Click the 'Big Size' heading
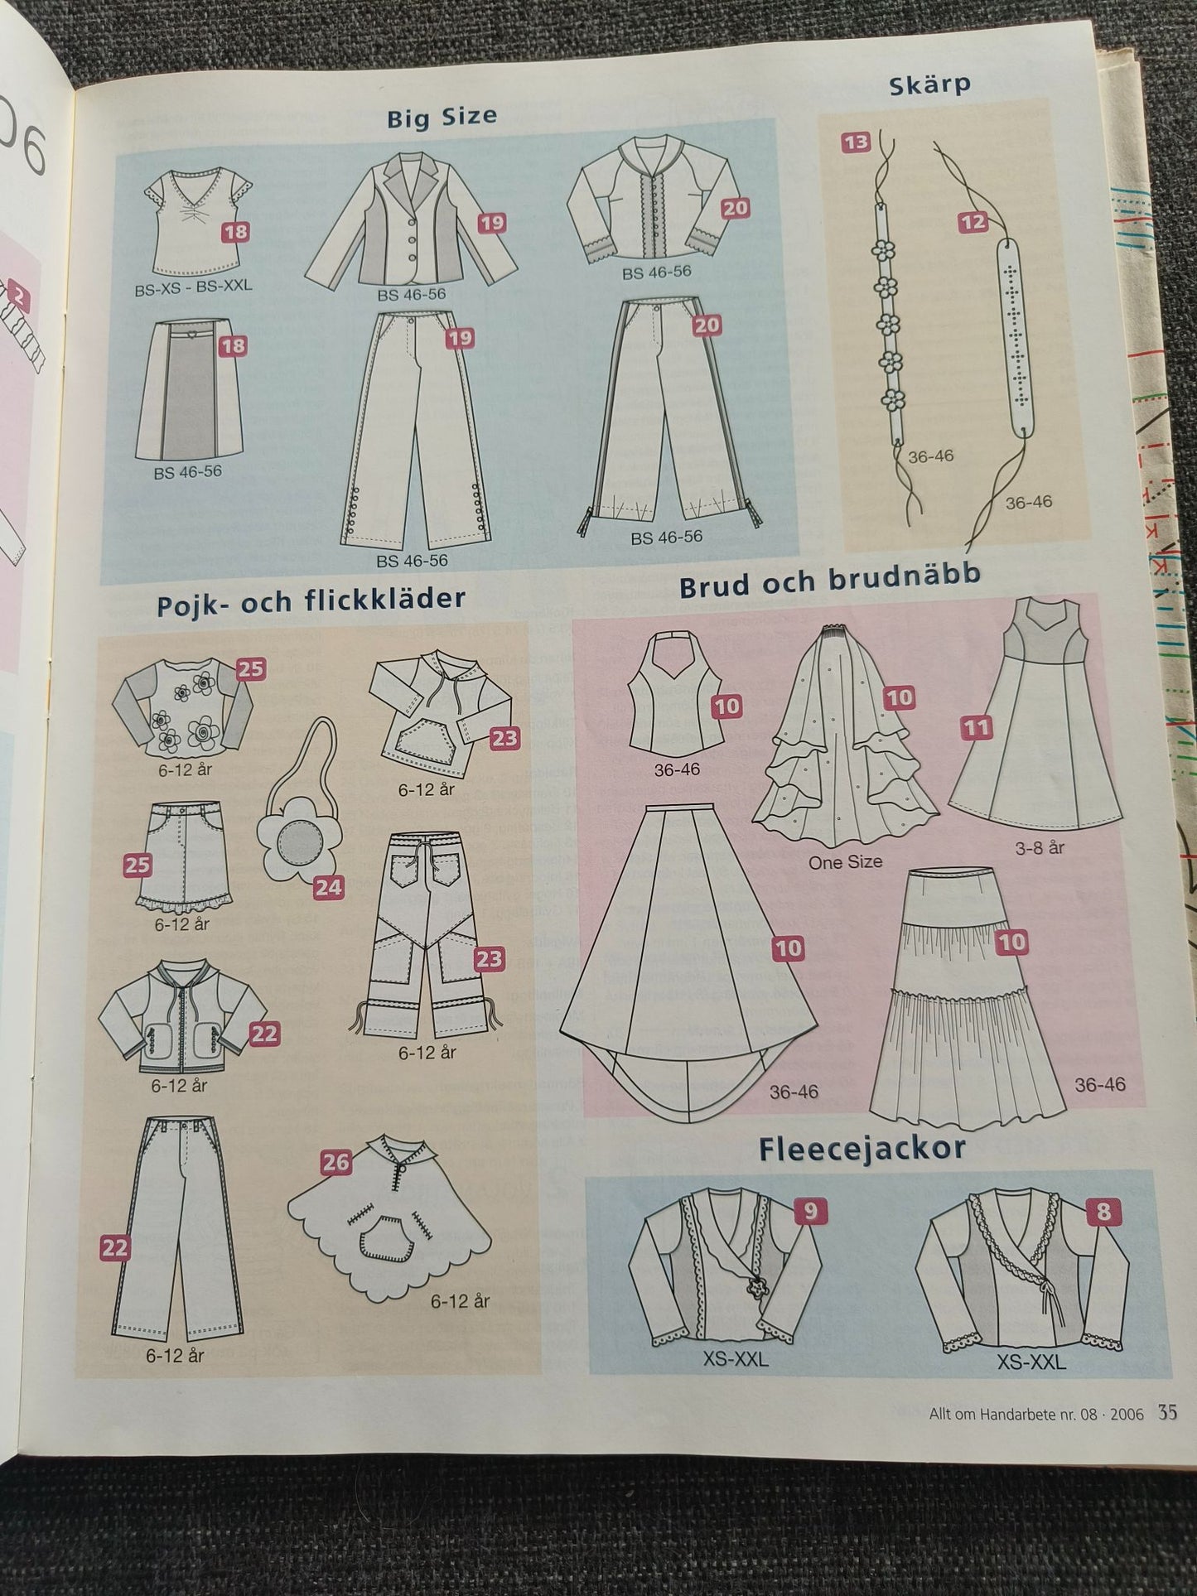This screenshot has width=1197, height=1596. pyautogui.click(x=442, y=118)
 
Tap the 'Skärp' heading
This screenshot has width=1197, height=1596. pyautogui.click(x=929, y=84)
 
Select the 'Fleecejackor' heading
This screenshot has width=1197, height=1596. pyautogui.click(x=862, y=1149)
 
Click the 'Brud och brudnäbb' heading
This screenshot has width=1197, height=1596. pyautogui.click(x=829, y=581)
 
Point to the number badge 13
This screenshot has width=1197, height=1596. pyautogui.click(x=856, y=142)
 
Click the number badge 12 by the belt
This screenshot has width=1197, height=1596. pyautogui.click(x=974, y=222)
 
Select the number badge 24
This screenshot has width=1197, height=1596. pyautogui.click(x=328, y=888)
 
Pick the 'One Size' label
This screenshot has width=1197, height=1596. pyautogui.click(x=845, y=862)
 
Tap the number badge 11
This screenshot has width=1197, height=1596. pyautogui.click(x=977, y=728)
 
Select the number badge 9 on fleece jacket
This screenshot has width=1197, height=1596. pyautogui.click(x=810, y=1212)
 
